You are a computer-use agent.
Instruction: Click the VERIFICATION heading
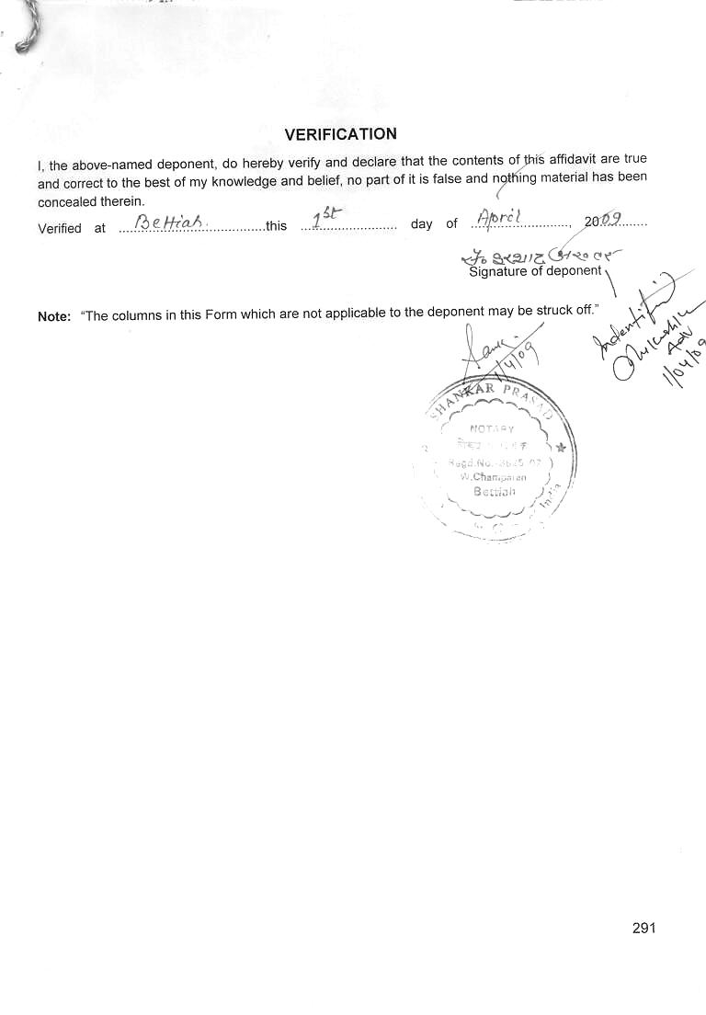point(340,134)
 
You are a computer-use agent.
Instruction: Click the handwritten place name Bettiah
point(160,222)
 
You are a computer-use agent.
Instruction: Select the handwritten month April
point(499,217)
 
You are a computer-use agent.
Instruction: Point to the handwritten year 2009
point(603,220)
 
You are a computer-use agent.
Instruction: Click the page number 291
point(643,928)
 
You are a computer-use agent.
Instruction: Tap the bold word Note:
point(54,316)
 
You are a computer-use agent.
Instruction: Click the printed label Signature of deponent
point(535,271)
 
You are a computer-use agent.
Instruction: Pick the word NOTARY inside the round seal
point(492,428)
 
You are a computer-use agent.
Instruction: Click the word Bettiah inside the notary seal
point(495,491)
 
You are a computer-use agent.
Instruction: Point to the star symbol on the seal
point(561,448)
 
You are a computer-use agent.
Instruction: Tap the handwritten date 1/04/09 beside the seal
point(684,362)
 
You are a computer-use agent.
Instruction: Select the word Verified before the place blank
point(60,228)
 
